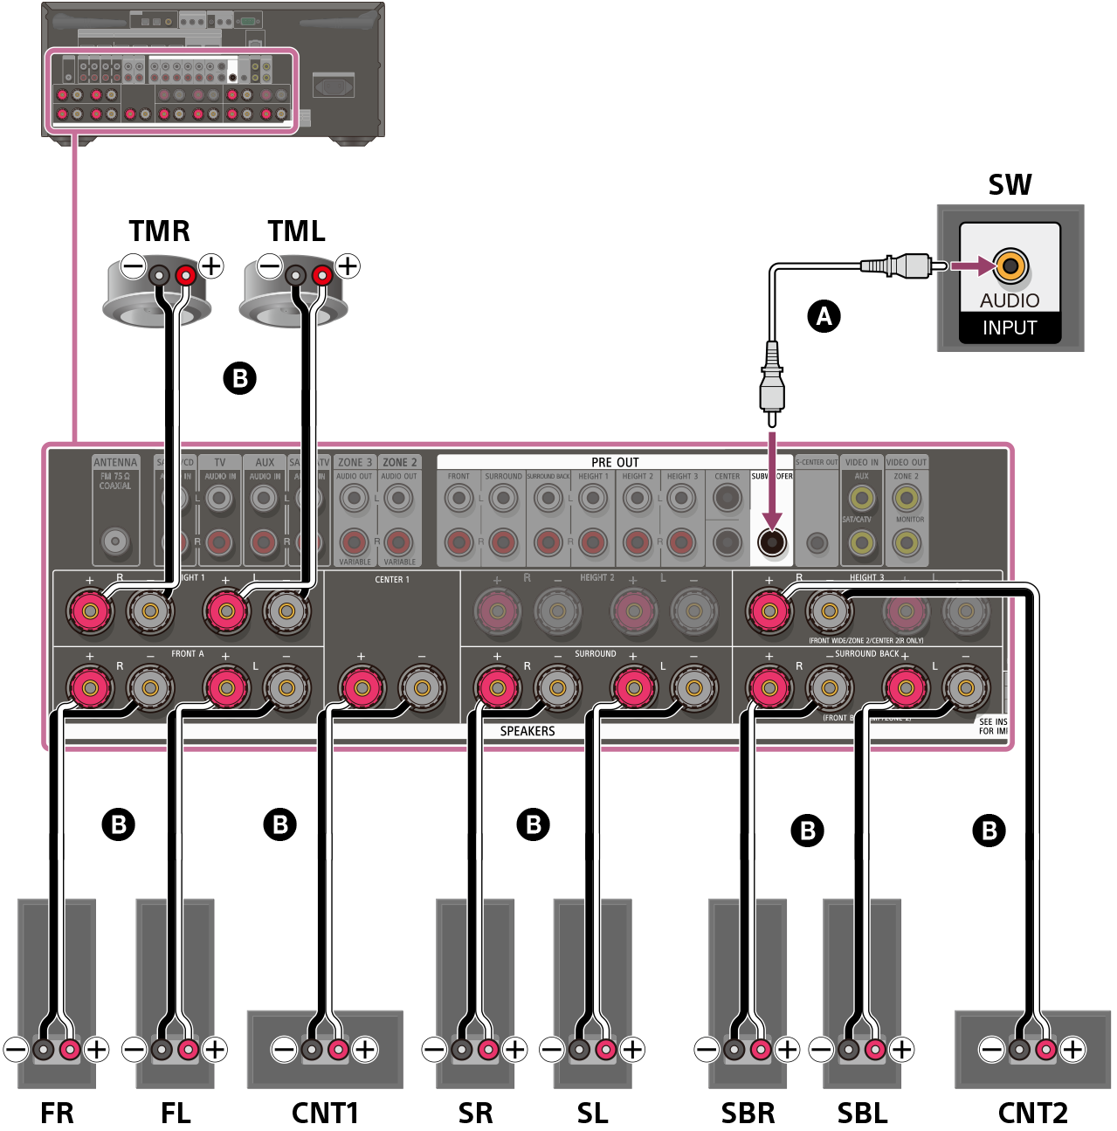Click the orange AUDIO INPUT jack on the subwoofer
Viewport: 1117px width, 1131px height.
(1010, 266)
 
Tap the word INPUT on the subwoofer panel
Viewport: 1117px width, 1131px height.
(1010, 328)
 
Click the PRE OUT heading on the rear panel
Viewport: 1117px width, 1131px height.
(615, 462)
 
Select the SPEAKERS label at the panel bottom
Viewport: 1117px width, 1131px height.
(527, 731)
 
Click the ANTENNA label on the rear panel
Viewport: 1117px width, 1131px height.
(115, 463)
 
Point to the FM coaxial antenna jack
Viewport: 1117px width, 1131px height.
(115, 541)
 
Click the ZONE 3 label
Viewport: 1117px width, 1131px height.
(355, 463)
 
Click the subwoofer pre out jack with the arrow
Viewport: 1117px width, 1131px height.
(772, 542)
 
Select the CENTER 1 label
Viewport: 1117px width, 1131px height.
(392, 579)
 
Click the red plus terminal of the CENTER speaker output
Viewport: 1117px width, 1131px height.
(361, 688)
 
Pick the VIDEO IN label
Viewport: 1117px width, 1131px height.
(861, 462)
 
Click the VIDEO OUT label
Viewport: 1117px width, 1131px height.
(907, 462)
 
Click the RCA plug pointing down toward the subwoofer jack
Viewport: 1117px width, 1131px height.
(772, 384)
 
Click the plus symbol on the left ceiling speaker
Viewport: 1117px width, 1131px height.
(211, 266)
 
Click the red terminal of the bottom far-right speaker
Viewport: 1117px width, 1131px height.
(1045, 1049)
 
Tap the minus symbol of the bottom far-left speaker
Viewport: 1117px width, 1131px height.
(16, 1049)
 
